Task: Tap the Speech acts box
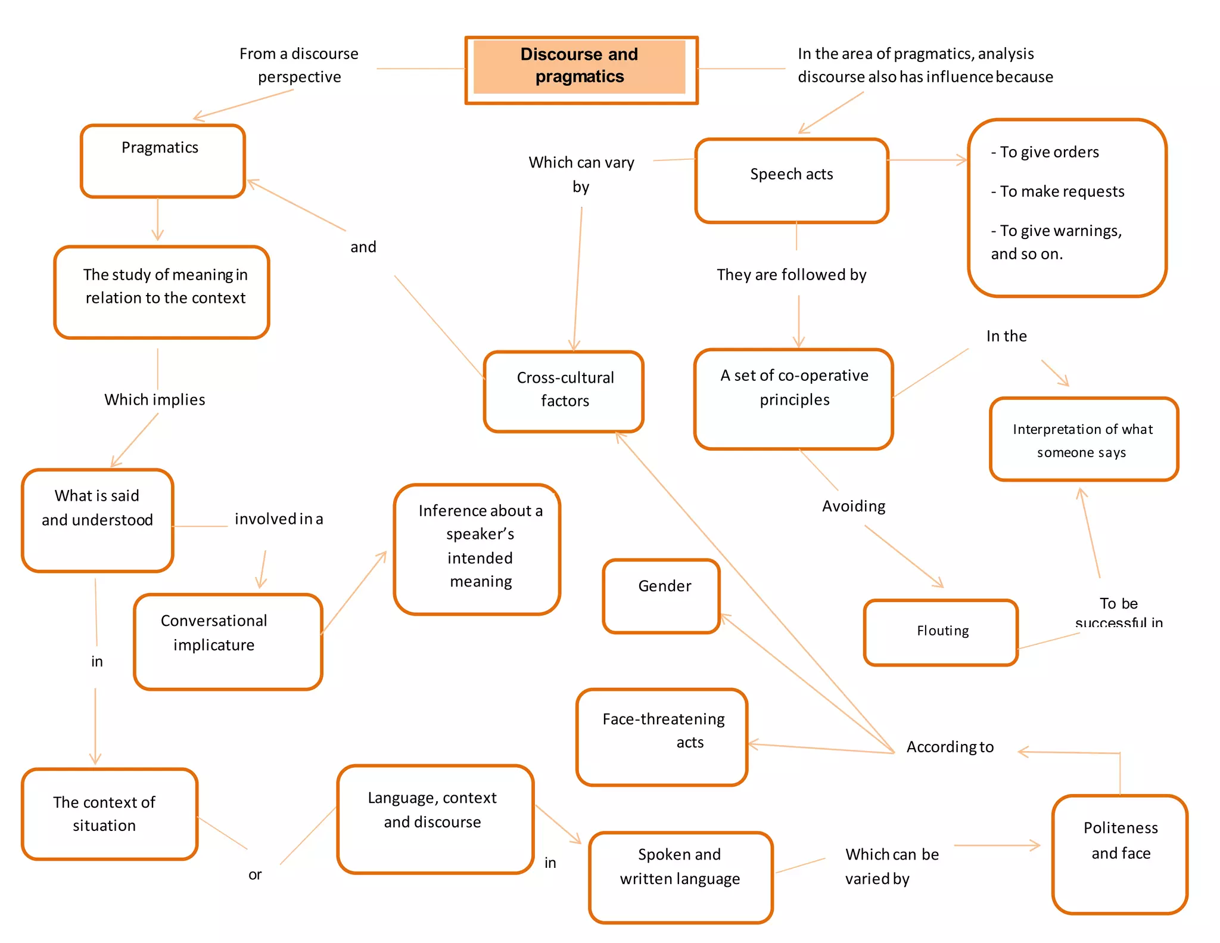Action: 791,179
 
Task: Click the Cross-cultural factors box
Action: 564,390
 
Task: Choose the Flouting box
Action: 941,631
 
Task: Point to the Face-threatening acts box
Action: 661,736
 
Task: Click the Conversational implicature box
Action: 228,641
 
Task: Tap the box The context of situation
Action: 109,813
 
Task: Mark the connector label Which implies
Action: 155,399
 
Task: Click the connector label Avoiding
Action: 853,506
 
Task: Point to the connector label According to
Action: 950,747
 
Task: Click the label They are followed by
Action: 791,275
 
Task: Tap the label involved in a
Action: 278,519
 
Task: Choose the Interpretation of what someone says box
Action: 1083,439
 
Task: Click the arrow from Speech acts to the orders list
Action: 928,160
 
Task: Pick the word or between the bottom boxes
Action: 255,874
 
